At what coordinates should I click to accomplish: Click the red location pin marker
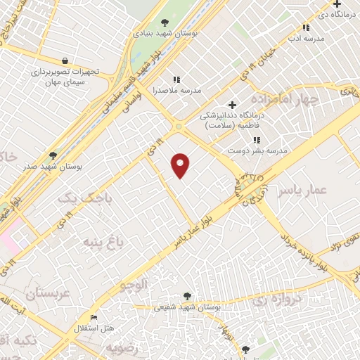(x=181, y=166)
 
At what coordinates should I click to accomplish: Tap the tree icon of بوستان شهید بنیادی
(x=165, y=22)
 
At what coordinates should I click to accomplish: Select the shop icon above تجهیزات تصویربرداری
(x=65, y=60)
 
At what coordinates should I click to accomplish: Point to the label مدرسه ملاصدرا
(x=182, y=91)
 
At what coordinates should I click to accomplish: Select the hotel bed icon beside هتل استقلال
(x=94, y=318)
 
